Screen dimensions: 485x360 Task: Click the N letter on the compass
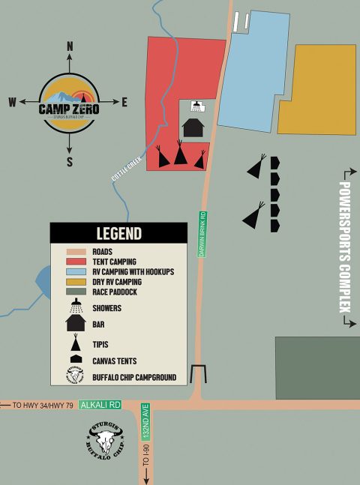pos(70,47)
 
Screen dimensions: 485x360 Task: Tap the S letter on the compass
pos(70,161)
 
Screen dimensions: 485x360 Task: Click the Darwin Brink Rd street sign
pos(202,235)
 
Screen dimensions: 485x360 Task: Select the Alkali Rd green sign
pos(100,404)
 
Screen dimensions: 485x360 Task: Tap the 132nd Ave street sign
pos(145,422)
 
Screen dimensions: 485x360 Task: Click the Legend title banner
pos(118,233)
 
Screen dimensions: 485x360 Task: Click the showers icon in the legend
pos(76,307)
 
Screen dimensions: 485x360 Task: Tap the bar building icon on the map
pos(193,127)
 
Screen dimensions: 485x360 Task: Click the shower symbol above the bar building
pos(196,106)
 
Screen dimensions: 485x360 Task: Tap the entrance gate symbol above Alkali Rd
pos(198,374)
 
